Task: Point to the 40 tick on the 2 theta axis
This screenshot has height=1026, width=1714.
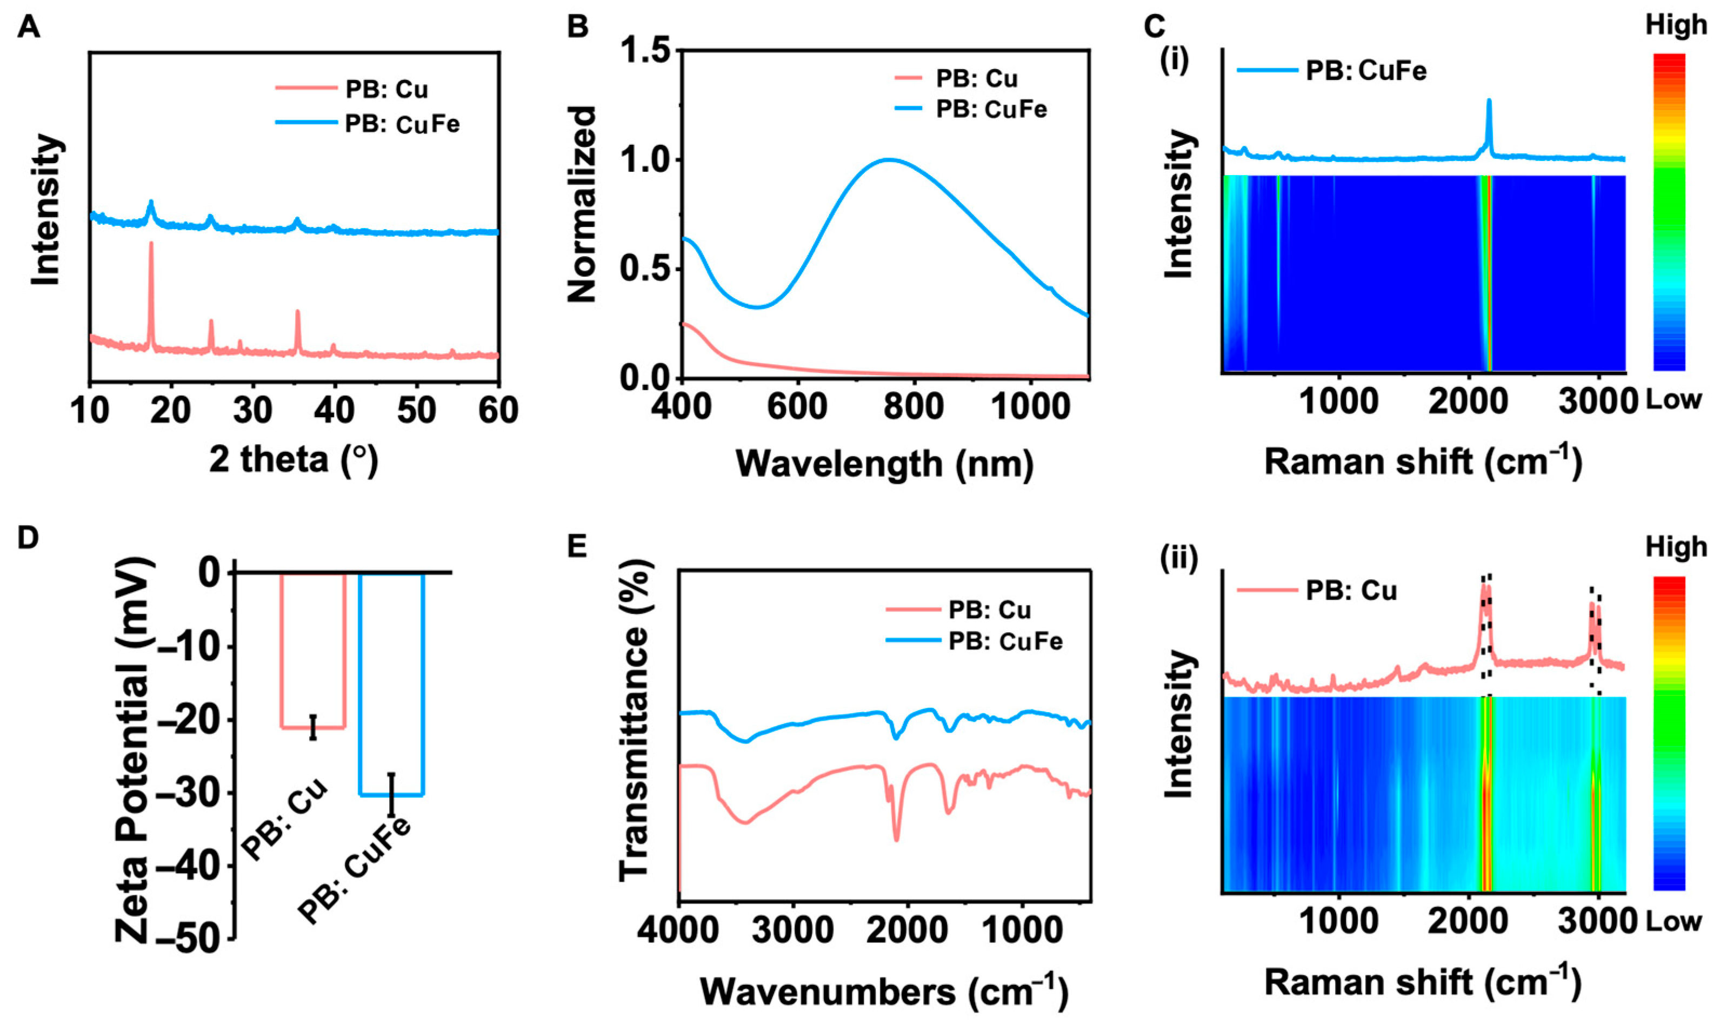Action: click(334, 411)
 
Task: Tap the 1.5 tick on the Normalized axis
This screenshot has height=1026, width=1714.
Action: click(645, 52)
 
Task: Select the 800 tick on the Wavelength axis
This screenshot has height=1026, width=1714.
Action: click(915, 406)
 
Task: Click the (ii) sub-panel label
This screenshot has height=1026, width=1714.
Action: click(1179, 559)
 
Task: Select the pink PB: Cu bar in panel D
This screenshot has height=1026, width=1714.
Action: click(312, 650)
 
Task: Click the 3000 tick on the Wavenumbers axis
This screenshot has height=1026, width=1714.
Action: click(793, 930)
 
